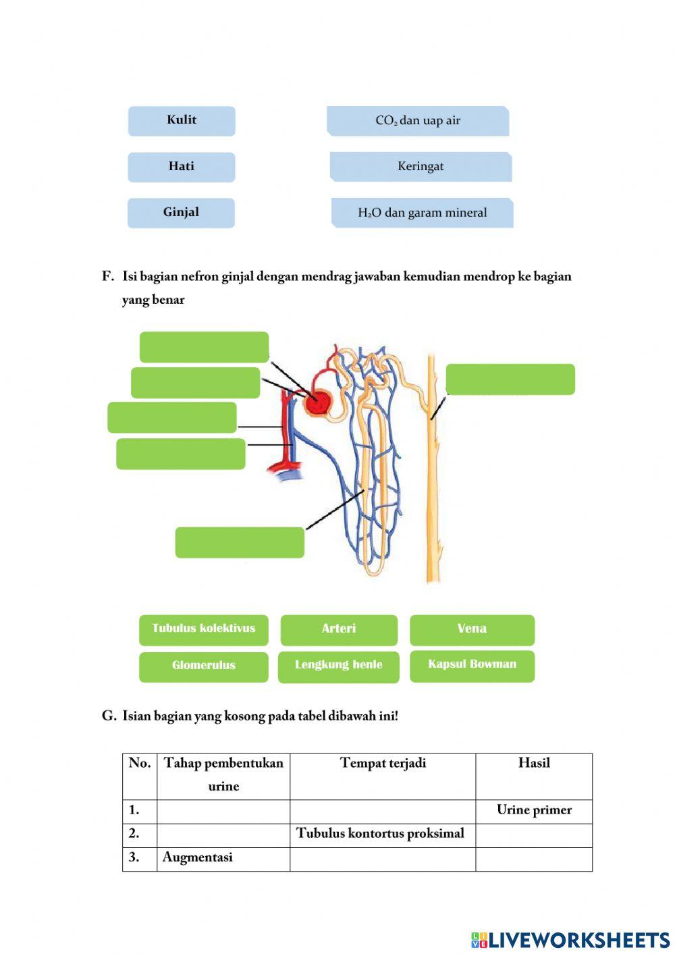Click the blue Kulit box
coord(182,121)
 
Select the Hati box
coord(182,167)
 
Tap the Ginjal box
coord(181,213)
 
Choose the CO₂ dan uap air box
coord(418,121)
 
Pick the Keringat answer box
coord(421,167)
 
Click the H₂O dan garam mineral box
coord(422,213)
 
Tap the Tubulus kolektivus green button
coord(203,629)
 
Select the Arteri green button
coord(339,629)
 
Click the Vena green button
coord(472,629)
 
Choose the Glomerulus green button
coord(203,666)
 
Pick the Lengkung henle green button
coord(338,666)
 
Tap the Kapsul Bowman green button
coord(472,665)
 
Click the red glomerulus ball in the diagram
coord(318,403)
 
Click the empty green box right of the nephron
coord(510,379)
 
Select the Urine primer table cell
coord(534,811)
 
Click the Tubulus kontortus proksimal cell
coord(382,834)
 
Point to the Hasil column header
coord(534,764)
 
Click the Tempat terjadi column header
coord(383,764)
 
